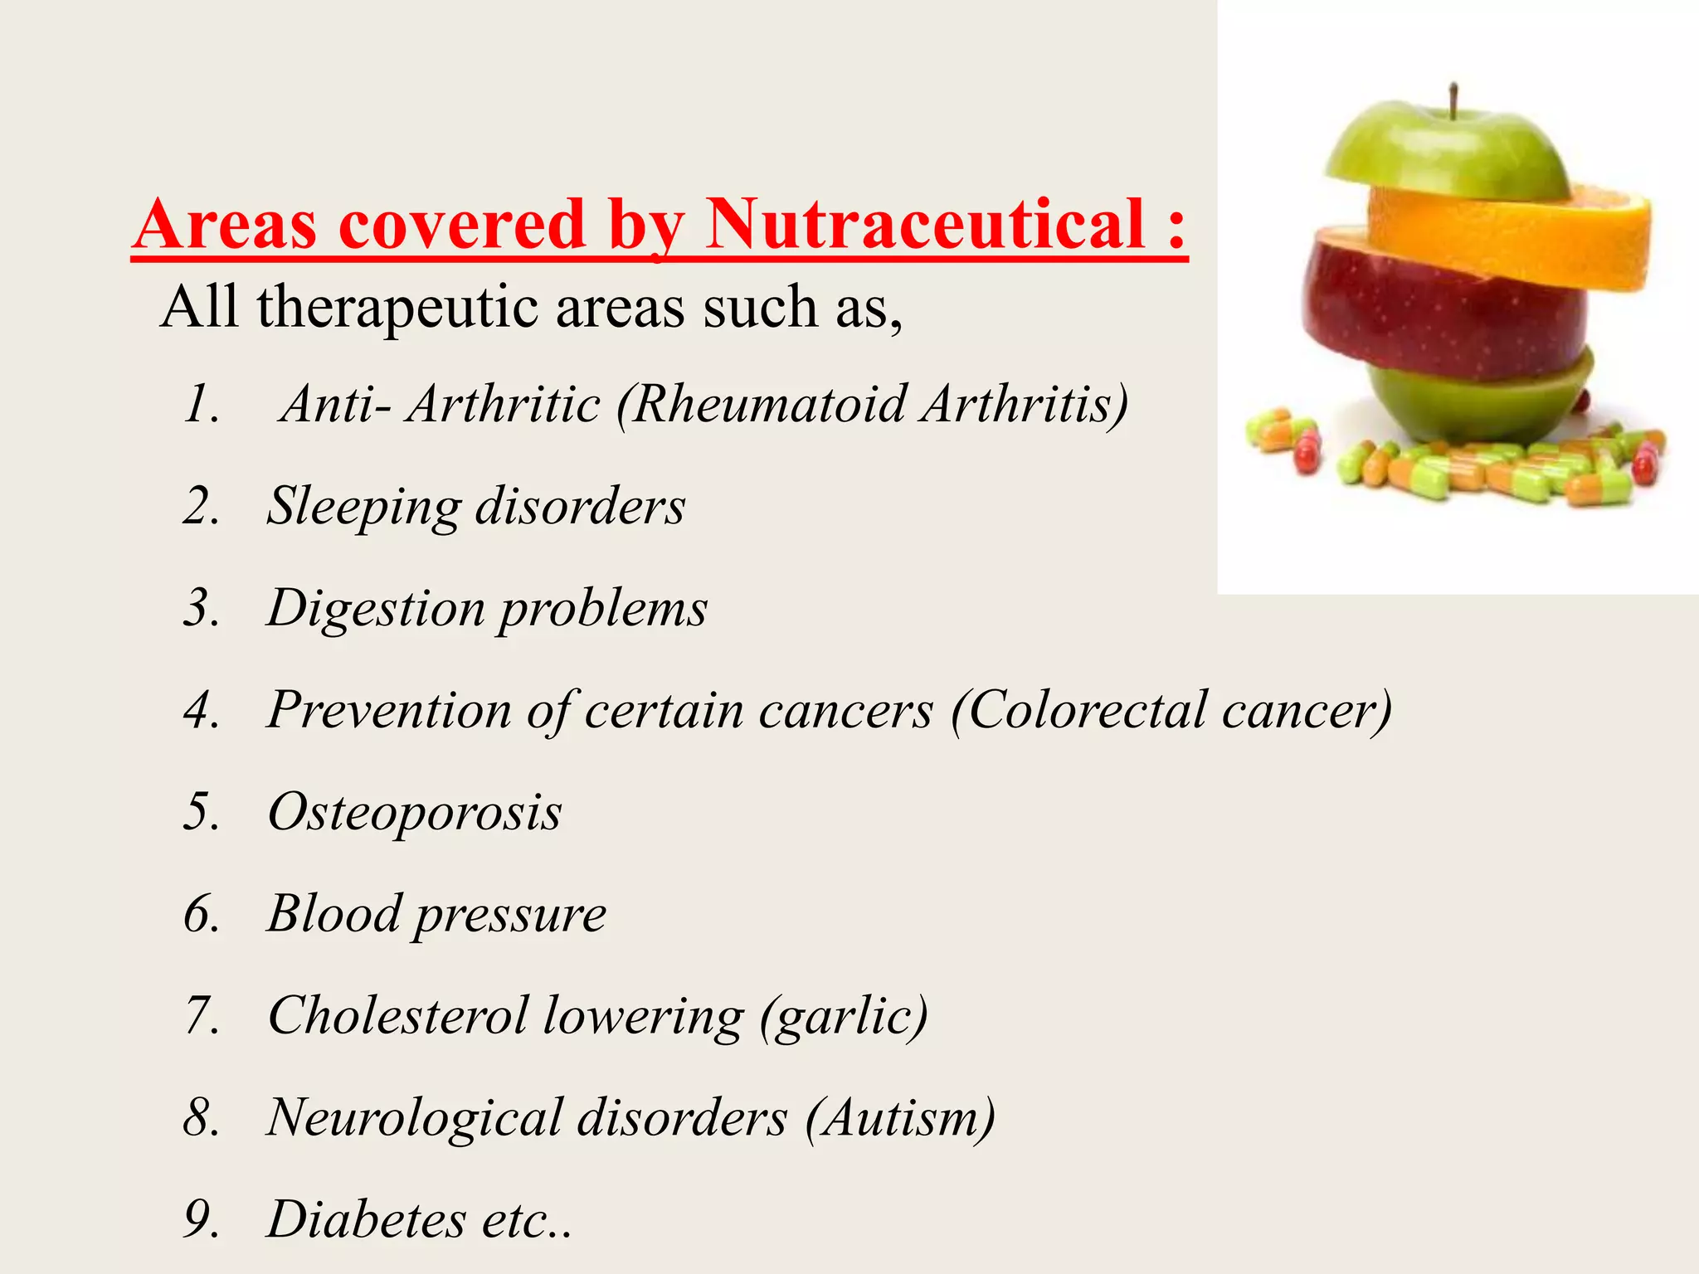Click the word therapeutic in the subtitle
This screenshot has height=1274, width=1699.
click(x=397, y=308)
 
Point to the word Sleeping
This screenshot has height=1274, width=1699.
click(x=363, y=506)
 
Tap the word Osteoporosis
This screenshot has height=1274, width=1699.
click(x=415, y=812)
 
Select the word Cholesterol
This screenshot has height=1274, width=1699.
click(x=397, y=1015)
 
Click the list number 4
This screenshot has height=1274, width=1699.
click(x=202, y=711)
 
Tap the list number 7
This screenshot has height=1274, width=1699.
click(x=202, y=1015)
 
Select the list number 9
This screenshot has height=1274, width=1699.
click(x=202, y=1219)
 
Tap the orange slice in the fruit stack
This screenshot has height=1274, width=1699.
click(x=1518, y=236)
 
